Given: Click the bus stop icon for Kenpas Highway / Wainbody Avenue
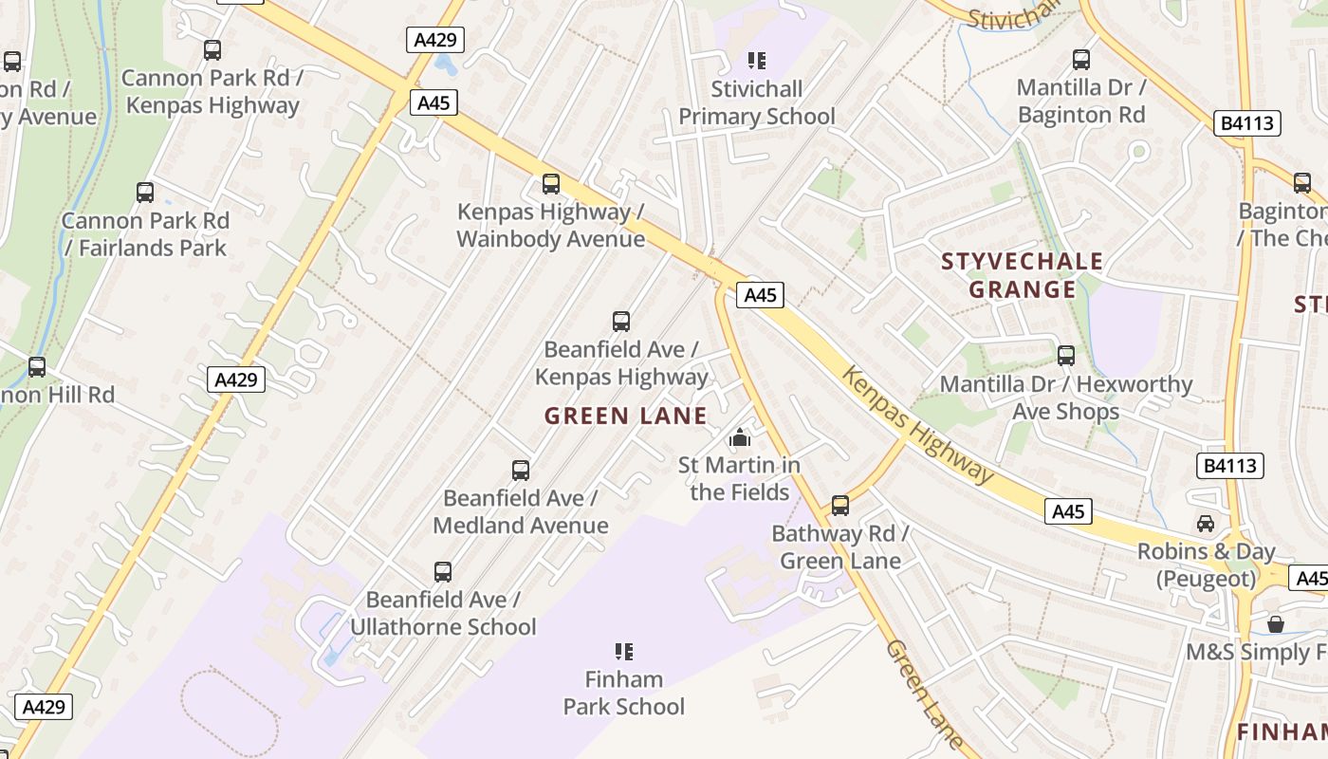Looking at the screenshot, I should point(551,183).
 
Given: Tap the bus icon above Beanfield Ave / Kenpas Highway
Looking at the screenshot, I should point(621,322).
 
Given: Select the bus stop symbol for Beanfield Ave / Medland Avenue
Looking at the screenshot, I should point(521,470).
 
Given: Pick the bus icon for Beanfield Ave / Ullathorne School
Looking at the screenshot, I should point(443,572).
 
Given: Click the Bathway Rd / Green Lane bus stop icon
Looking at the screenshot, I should point(840,506).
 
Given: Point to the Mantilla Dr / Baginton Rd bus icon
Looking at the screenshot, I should point(1081,60).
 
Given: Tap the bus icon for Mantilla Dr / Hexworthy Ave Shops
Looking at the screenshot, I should point(1066,356).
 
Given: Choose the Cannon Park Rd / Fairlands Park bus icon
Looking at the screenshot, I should point(145,193).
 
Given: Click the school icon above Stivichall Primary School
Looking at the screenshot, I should point(757,62).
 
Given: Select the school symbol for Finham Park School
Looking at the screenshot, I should point(624,652).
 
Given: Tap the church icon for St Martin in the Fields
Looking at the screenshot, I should point(740,437).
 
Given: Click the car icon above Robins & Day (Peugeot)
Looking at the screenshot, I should point(1206,523).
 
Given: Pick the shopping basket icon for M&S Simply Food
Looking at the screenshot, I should point(1276,624).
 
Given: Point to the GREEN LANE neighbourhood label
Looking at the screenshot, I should point(626,416).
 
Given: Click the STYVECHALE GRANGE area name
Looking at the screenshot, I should point(1022,275).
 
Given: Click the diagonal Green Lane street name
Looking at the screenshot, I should point(925,695).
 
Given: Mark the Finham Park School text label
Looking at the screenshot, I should point(624,693).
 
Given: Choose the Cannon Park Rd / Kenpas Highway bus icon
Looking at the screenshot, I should point(212,50).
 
